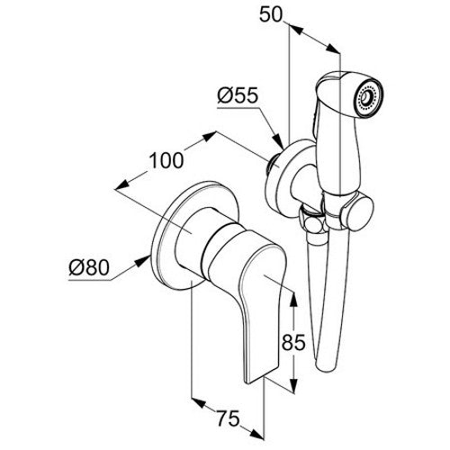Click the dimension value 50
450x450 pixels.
coord(271,14)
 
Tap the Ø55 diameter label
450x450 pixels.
coord(238,95)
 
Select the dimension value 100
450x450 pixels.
coord(166,160)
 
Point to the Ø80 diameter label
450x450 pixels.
coord(89,267)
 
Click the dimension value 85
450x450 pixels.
coord(293,342)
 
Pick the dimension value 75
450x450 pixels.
coord(229,418)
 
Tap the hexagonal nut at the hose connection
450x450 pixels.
coord(313,223)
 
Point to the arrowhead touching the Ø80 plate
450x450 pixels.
coord(142,261)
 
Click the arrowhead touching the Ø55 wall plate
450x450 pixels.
coord(277,140)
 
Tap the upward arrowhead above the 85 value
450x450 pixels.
coord(294,298)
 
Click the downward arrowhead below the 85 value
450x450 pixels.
coord(294,385)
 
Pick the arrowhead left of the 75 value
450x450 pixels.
coord(199,402)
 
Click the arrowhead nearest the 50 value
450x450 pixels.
coord(296,30)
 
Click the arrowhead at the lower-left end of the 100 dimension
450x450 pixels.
coord(122,185)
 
